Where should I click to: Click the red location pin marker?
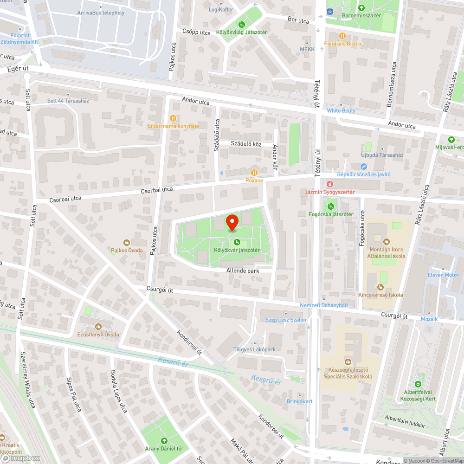(x=232, y=222)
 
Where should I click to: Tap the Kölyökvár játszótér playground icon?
(x=237, y=242)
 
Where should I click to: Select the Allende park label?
(x=242, y=270)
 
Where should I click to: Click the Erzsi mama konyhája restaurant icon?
(x=173, y=118)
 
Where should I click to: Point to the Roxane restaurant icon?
(x=254, y=172)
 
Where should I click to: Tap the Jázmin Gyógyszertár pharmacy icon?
(x=329, y=184)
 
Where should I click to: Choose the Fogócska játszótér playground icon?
(x=331, y=206)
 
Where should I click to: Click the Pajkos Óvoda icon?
(x=126, y=242)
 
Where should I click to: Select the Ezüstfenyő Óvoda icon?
(x=98, y=327)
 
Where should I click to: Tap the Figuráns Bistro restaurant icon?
(x=342, y=36)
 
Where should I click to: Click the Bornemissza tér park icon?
(x=361, y=7)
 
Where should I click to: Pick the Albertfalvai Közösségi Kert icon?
(x=418, y=384)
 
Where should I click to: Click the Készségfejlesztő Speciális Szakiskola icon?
(x=348, y=361)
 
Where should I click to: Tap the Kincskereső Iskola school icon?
(x=380, y=287)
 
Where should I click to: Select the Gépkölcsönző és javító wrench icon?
(x=363, y=166)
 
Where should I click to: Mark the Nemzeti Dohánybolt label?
(x=323, y=305)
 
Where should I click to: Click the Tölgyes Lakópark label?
(x=255, y=349)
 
